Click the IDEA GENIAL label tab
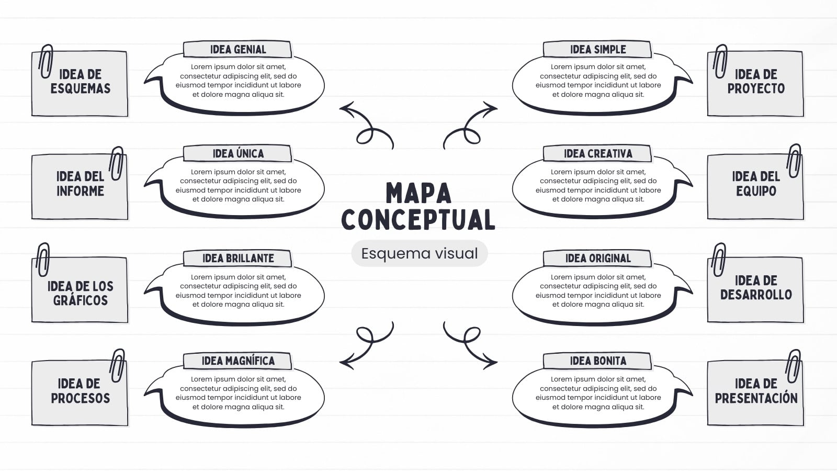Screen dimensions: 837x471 coord(237,49)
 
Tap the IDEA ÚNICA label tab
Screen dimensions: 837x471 coord(237,153)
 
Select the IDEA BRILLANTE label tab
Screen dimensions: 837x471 coord(237,259)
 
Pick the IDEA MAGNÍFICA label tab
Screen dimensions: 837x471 coord(237,361)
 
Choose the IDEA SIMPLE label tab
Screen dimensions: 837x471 coord(597,49)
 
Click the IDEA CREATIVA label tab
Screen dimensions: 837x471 coord(597,153)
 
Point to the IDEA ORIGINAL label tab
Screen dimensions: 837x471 coord(597,259)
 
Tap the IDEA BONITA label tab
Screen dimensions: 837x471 coord(597,361)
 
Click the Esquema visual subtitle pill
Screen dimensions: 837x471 coord(419,253)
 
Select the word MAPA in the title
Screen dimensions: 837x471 coord(418,193)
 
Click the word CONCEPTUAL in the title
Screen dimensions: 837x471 coord(418,219)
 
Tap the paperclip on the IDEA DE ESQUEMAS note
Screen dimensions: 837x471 coord(46,61)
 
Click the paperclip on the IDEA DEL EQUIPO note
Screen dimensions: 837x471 coord(794,161)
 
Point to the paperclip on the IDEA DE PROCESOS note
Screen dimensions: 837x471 coord(117,366)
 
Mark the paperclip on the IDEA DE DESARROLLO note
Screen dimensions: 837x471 coord(719,260)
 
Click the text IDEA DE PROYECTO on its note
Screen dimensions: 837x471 coord(756,82)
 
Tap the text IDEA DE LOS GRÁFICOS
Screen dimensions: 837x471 coord(81,294)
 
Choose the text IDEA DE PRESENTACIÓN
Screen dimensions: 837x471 coord(756,390)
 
